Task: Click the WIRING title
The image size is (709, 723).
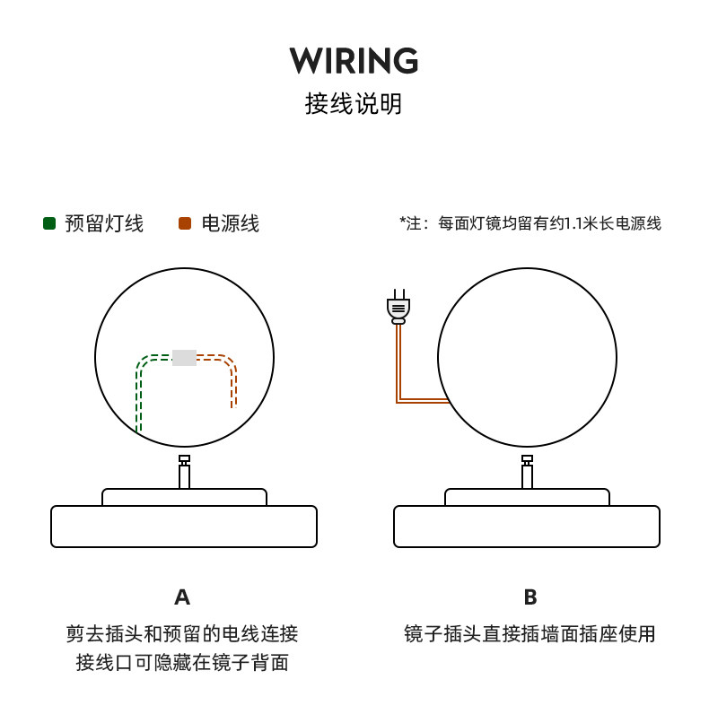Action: pos(354,61)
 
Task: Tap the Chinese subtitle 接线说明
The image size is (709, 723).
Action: pos(354,104)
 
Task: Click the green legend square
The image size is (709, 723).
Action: pos(49,223)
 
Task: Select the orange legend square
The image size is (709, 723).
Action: pos(185,223)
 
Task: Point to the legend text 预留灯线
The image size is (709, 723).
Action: pos(104,223)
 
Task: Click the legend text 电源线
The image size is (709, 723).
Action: pos(231,223)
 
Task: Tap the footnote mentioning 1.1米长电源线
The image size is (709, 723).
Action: pos(530,223)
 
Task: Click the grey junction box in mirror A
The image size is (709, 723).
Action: pos(184,357)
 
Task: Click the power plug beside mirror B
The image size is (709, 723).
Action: pos(398,307)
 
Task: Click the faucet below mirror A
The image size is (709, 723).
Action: pos(184,473)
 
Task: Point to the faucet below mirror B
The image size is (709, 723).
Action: pos(527,473)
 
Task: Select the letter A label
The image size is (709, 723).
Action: pos(182,597)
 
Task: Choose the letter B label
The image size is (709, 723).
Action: pos(530,597)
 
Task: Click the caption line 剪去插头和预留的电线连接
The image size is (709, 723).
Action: pos(182,634)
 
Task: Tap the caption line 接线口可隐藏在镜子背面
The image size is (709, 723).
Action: pos(182,663)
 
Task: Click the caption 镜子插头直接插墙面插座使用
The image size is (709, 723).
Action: pos(530,634)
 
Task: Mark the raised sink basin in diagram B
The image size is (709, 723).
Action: pos(527,497)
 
